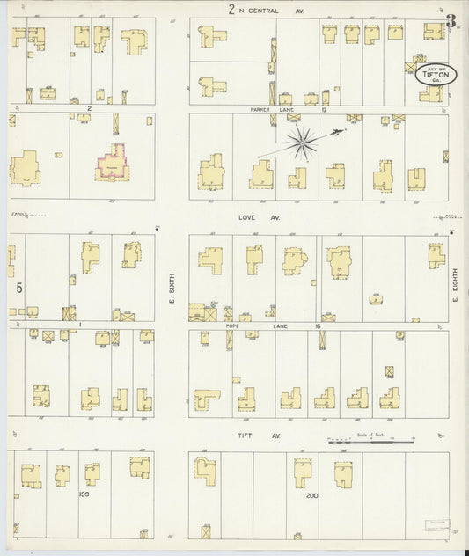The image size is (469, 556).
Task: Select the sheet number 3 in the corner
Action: coord(451,21)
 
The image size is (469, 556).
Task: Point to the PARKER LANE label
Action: coord(263,110)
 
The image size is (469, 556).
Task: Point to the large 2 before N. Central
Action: coord(231,11)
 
